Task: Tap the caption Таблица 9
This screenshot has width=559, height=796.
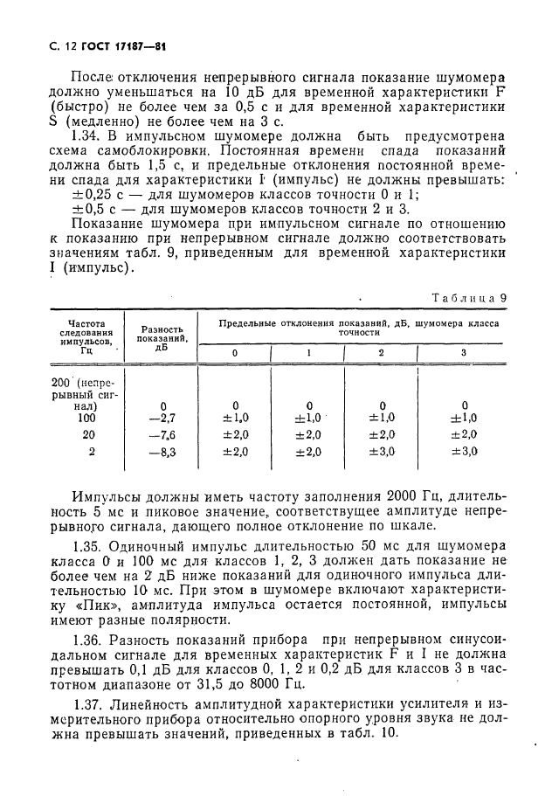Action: [x=470, y=297]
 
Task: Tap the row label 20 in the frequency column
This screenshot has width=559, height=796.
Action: [x=89, y=435]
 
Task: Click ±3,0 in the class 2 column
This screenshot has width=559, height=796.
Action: [x=382, y=452]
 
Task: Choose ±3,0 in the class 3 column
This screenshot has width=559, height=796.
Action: [x=464, y=452]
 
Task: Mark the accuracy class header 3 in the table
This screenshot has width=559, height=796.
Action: [x=464, y=353]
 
